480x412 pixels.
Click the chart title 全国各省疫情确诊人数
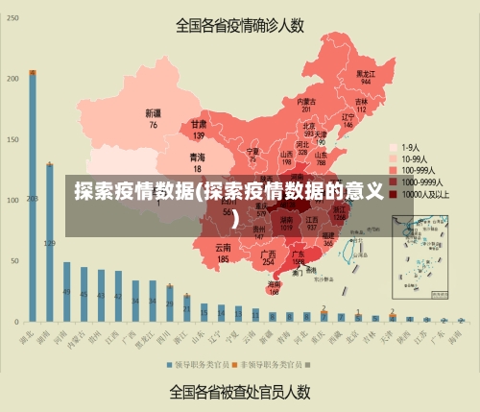[x=240, y=25]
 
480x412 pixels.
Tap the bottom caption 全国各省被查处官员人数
[x=240, y=392]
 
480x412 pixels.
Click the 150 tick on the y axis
[x=12, y=140]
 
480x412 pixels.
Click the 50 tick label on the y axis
[x=13, y=261]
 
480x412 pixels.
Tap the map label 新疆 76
[x=153, y=118]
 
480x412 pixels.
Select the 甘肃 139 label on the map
[x=198, y=130]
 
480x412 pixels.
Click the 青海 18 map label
[x=197, y=161]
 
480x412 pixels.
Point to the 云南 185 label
[x=223, y=254]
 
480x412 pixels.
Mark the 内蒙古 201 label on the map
[x=305, y=106]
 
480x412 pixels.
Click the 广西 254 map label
[x=269, y=257]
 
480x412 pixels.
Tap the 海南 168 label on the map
[x=275, y=287]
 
